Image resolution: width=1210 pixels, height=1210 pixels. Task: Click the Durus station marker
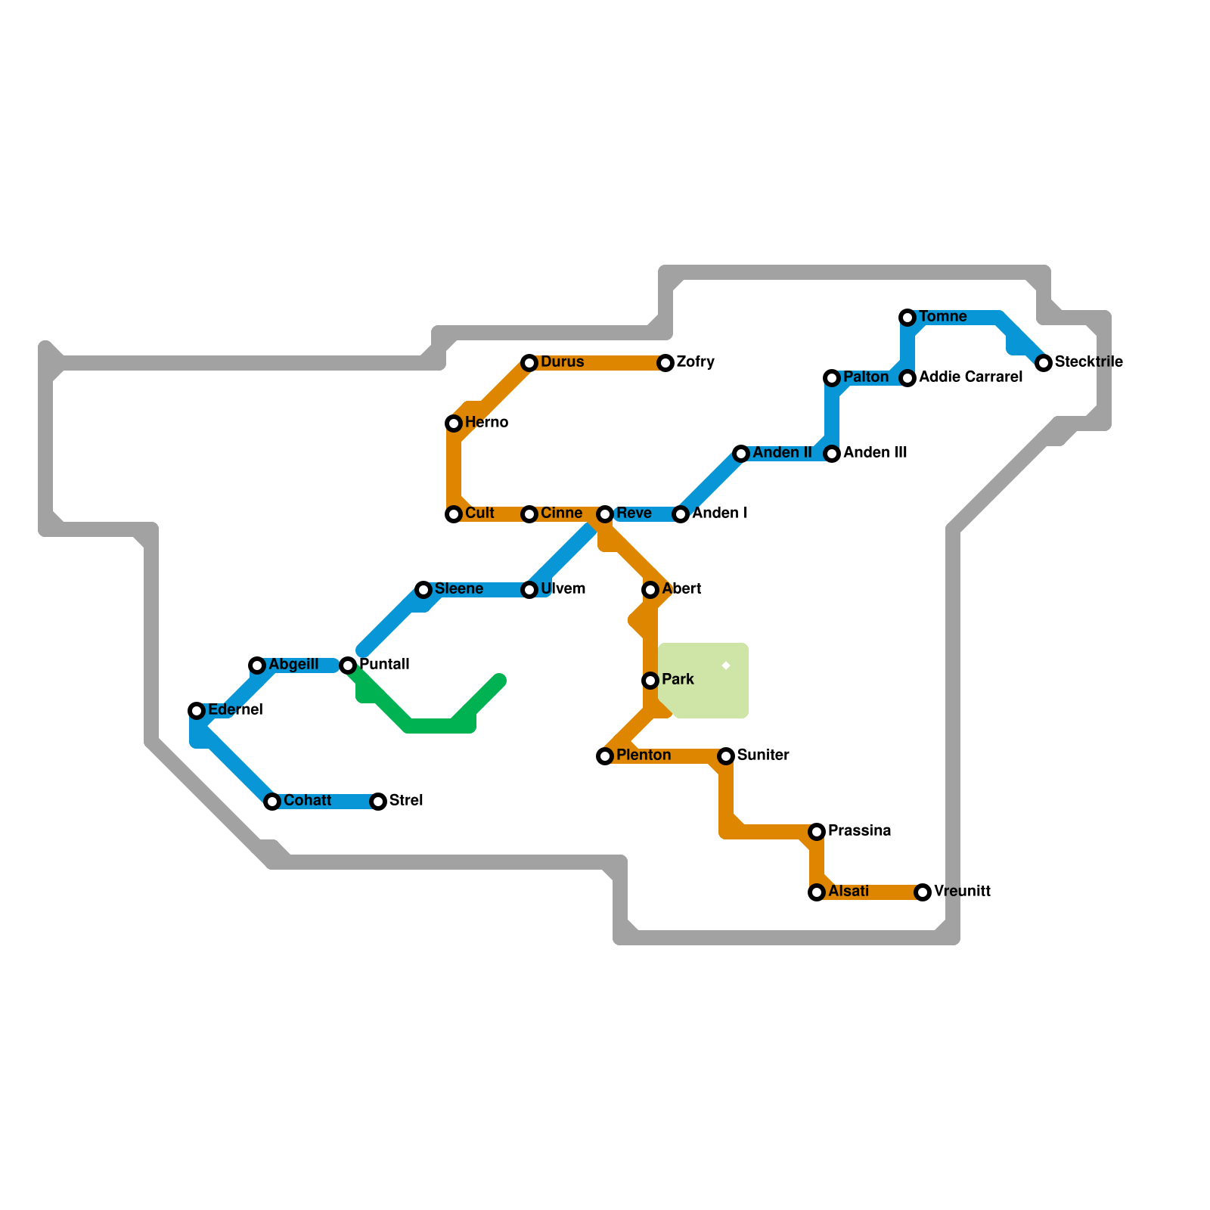pos(529,363)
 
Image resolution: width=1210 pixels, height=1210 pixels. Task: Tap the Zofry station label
pos(695,362)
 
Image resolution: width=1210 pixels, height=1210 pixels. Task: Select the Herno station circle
pos(454,423)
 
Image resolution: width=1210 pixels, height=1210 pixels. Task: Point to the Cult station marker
pos(454,514)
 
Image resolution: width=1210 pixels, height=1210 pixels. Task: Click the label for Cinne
pos(561,513)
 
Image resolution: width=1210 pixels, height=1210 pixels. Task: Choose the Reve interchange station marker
pos(605,514)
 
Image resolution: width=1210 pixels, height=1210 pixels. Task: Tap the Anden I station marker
pos(681,514)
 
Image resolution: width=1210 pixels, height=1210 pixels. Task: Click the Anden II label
pos(782,453)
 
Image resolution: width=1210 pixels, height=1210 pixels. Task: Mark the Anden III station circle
pos(832,454)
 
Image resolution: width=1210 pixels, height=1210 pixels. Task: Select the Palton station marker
pos(832,378)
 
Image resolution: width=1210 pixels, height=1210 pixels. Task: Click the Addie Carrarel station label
pos(970,377)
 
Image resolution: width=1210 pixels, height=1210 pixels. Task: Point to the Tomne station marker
pos(907,318)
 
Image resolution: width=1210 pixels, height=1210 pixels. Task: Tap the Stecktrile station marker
pos(1044,363)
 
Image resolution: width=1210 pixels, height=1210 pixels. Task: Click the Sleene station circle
pos(423,590)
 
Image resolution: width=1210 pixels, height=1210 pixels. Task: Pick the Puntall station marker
pos(348,665)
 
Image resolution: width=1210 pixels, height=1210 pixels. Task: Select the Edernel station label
pos(235,710)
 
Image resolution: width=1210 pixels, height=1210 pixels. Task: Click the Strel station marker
pos(378,802)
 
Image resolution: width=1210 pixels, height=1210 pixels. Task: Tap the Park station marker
pos(650,681)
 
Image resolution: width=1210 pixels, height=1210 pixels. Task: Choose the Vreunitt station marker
pos(923,892)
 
